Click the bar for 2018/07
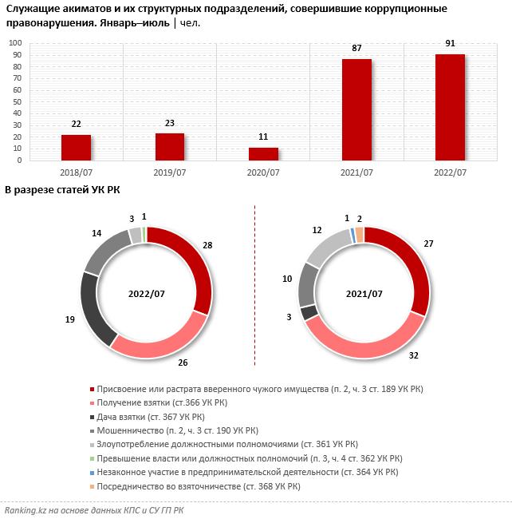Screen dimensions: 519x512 76,148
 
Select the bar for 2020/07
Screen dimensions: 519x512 263,154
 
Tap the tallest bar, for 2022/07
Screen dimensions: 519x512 450,108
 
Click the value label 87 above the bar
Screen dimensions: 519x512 356,49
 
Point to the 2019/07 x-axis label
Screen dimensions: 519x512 169,172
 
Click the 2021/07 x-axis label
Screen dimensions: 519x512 356,172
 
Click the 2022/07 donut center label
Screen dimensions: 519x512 147,293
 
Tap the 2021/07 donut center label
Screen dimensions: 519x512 364,293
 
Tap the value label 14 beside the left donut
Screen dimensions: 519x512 96,234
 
